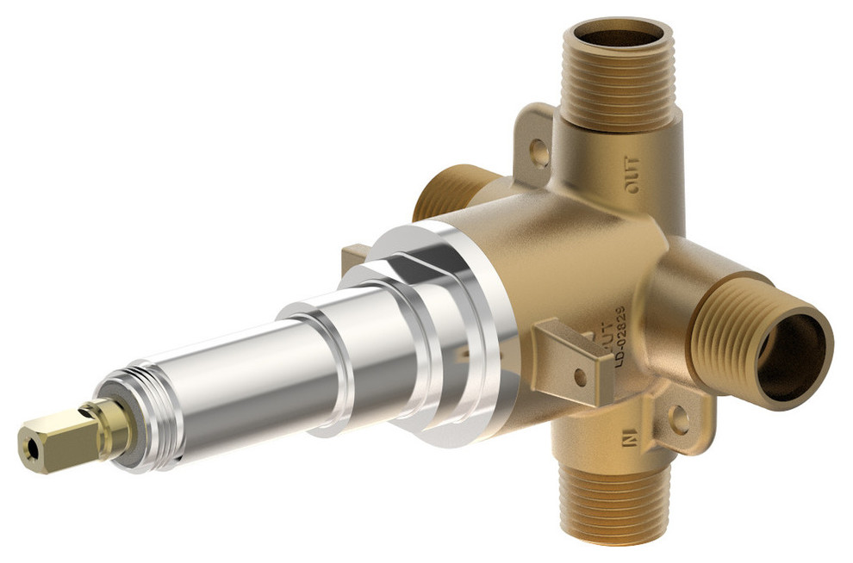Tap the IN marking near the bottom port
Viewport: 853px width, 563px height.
coord(628,442)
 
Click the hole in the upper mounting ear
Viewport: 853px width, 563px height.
coord(539,153)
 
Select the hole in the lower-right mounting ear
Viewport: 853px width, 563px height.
coord(679,420)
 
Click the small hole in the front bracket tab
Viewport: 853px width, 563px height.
coord(580,377)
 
